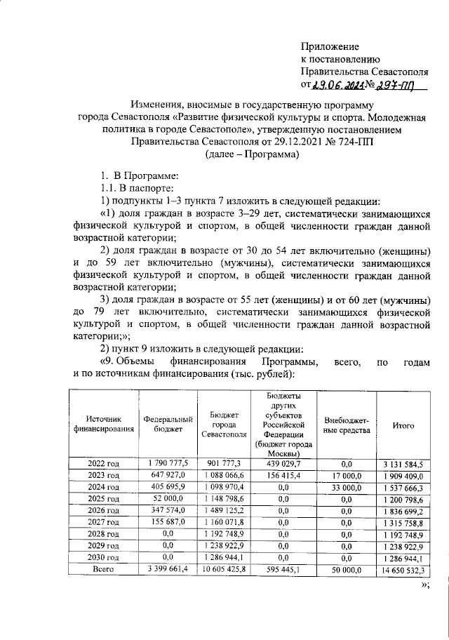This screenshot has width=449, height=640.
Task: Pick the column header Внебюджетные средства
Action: coord(347,425)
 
